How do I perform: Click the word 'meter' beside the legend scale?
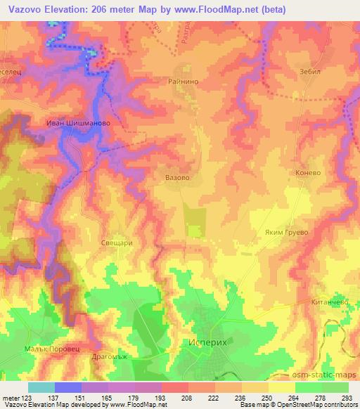coord(11,398)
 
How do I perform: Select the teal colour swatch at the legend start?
coord(41,387)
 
